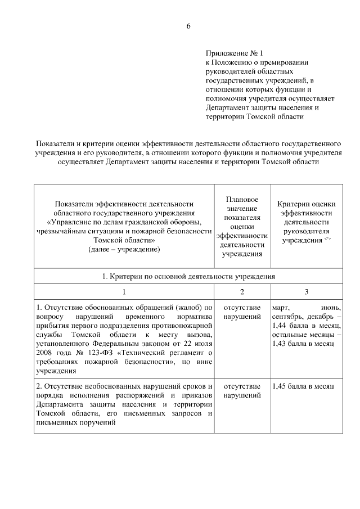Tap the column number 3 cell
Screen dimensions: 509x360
tap(306, 291)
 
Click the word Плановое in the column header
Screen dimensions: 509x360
tap(242, 200)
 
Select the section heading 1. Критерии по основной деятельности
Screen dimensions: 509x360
tap(188, 276)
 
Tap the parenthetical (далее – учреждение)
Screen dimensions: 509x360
tap(124, 249)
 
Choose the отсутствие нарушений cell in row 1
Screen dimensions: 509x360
tap(242, 312)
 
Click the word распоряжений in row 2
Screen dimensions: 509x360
tap(142, 396)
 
